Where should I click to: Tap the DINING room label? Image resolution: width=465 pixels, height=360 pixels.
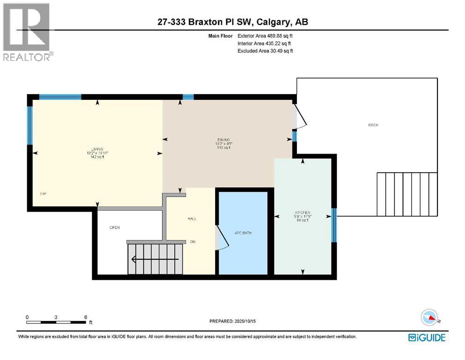point(223,139)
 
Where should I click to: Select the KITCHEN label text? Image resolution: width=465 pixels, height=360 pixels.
point(303,212)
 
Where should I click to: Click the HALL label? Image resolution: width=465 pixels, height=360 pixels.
point(192,218)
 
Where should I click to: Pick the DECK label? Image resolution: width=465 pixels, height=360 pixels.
point(373,125)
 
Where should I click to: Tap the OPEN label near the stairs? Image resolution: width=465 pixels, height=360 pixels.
point(115,228)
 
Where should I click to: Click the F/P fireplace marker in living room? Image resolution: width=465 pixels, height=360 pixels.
point(43,193)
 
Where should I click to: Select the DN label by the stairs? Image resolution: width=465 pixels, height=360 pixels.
point(192,242)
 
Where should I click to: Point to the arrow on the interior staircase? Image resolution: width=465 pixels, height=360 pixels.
point(155,258)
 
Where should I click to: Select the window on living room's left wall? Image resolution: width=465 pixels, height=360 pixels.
point(29,126)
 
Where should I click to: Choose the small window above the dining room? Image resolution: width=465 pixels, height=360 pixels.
point(188,97)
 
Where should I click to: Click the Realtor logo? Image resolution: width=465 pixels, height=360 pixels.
point(27,32)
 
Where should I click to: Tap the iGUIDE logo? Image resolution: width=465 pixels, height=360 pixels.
point(427,337)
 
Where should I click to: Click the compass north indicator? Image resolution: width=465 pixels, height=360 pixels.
point(431,319)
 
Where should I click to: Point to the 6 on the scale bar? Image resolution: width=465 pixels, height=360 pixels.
point(85,317)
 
